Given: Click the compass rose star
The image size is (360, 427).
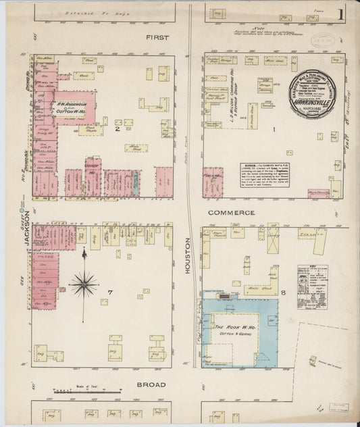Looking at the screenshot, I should (x=84, y=284).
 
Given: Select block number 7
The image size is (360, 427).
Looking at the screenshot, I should (x=107, y=291).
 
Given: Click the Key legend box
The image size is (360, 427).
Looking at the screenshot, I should (x=312, y=287).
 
